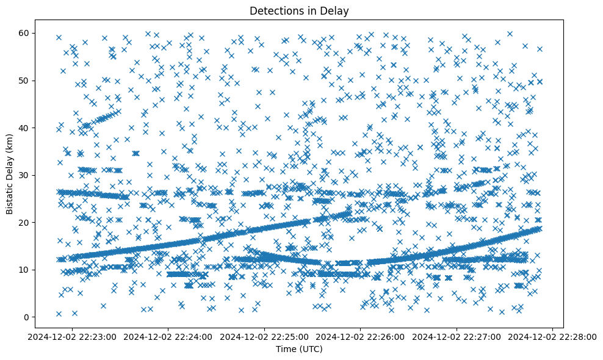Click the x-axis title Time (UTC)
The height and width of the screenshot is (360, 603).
pos(299,350)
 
